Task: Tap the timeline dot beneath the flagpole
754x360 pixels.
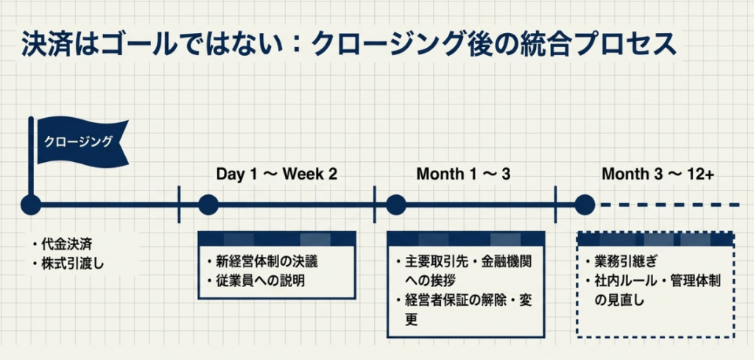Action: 31,205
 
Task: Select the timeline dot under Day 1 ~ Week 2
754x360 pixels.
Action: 208,205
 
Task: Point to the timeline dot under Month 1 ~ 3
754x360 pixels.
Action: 396,205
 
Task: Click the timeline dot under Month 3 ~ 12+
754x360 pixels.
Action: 584,205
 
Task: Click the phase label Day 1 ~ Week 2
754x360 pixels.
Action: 276,174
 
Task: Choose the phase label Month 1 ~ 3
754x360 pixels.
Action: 463,174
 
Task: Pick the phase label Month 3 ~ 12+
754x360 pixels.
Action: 658,174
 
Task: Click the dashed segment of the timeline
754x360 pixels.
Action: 670,205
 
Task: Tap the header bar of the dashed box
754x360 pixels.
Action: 655,239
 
